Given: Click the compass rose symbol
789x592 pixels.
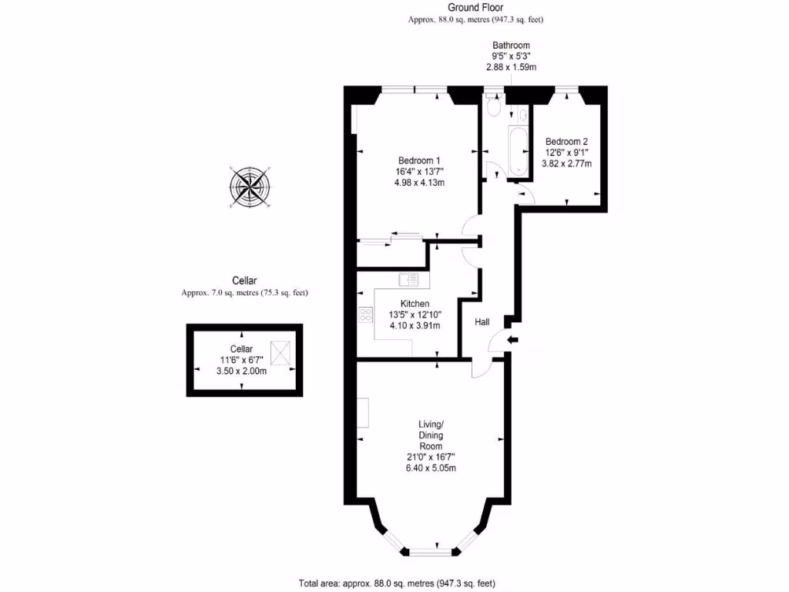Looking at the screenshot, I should (x=250, y=186).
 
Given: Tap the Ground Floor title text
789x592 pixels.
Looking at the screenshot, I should (x=480, y=8).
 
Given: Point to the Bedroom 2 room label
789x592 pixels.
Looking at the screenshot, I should (x=566, y=141).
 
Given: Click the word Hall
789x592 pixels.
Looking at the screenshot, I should (x=482, y=321).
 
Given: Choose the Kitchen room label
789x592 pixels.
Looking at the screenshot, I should (x=415, y=304).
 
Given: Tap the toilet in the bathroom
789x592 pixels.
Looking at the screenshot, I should (x=494, y=109).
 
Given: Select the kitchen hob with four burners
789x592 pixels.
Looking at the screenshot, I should (x=365, y=315).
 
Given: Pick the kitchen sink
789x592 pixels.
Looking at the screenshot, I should (x=408, y=280).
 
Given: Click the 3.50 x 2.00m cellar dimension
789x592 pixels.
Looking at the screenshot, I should (x=241, y=371).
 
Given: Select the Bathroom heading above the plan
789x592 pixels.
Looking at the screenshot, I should (x=511, y=45).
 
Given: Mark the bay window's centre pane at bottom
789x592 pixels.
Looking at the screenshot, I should (x=431, y=551).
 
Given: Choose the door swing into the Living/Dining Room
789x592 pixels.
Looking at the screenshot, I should (x=483, y=368).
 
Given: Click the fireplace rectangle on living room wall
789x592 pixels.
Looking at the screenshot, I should (x=363, y=412).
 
